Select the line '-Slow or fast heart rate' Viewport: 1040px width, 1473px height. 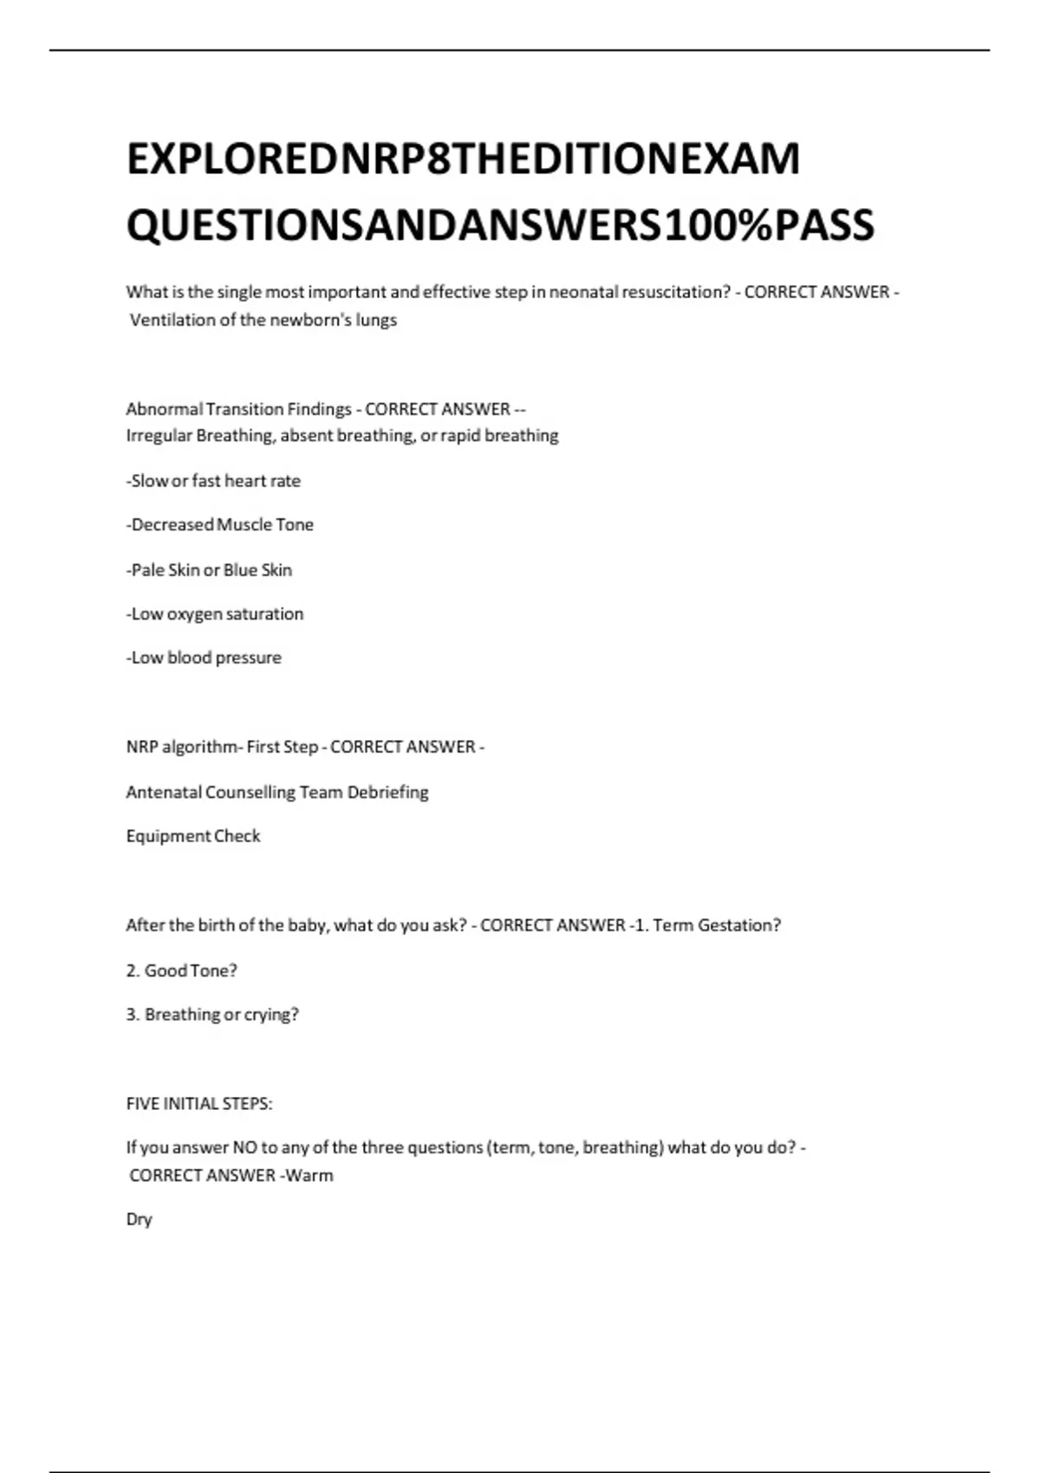(x=213, y=481)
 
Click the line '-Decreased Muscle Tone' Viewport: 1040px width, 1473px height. (x=219, y=525)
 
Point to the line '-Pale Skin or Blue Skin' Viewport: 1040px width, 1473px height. (x=209, y=570)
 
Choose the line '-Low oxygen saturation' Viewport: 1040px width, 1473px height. (x=215, y=614)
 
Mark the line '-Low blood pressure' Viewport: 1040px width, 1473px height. (x=204, y=658)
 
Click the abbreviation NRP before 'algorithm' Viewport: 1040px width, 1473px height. (x=142, y=747)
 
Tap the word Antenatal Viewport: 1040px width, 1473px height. (x=164, y=792)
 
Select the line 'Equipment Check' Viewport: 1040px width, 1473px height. (x=193, y=836)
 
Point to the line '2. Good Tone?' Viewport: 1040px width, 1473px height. (x=181, y=970)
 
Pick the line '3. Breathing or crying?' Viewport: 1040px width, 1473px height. (x=212, y=1015)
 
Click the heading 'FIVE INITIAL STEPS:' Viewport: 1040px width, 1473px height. (x=199, y=1104)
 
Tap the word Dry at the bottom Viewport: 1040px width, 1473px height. (x=139, y=1219)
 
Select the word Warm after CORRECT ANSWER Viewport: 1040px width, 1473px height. (x=309, y=1176)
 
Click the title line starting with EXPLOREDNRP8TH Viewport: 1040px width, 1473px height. (x=463, y=159)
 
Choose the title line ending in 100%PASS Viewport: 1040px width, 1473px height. (x=500, y=225)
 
